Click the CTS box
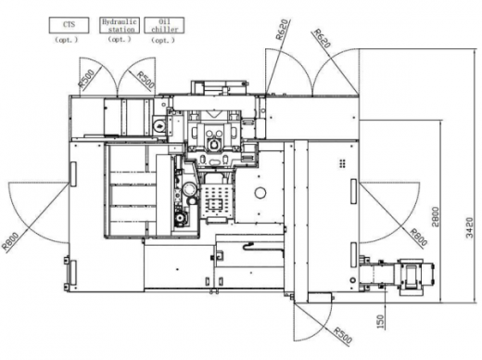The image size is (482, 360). pyautogui.click(x=69, y=25)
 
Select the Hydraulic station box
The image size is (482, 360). pyautogui.click(x=120, y=25)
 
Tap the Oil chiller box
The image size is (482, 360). pyautogui.click(x=164, y=25)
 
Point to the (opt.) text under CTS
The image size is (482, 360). pyautogui.click(x=67, y=40)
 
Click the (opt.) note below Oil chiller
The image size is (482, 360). pyautogui.click(x=163, y=40)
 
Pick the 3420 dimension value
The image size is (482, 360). pyautogui.click(x=469, y=228)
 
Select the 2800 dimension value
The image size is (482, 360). pyautogui.click(x=435, y=216)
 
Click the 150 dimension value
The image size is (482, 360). pyautogui.click(x=381, y=322)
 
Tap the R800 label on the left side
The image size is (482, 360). pyautogui.click(x=10, y=241)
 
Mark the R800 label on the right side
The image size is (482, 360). pyautogui.click(x=419, y=238)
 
